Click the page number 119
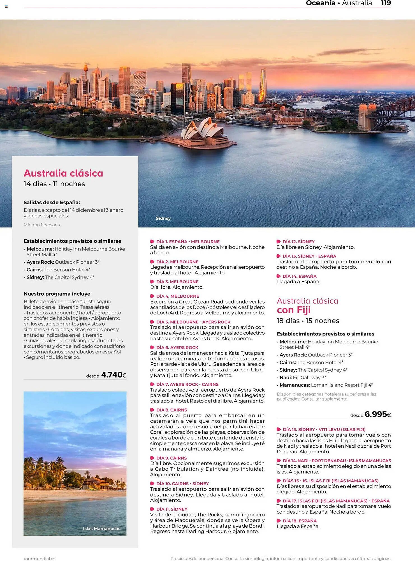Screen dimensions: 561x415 386,3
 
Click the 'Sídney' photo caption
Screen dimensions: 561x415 163,218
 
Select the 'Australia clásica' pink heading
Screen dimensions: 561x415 63,173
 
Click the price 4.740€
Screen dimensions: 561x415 114,375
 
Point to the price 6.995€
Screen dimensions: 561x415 378,414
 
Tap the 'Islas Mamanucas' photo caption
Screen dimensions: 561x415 101,528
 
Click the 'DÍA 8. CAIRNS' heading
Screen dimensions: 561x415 171,410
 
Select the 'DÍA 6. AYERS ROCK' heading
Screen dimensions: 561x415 177,347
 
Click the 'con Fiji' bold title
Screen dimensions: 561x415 293,310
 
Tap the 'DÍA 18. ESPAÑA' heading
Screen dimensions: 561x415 300,521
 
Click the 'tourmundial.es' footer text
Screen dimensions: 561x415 40,558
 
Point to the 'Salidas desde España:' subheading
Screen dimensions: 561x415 52,202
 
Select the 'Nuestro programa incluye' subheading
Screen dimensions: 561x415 57,294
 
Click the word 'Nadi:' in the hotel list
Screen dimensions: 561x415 286,378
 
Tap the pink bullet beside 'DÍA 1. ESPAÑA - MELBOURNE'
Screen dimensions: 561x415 152,242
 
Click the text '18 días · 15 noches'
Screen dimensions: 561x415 308,321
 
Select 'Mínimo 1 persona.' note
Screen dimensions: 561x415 42,225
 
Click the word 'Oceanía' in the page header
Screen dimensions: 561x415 320,3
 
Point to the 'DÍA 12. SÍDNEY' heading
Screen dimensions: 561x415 298,242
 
